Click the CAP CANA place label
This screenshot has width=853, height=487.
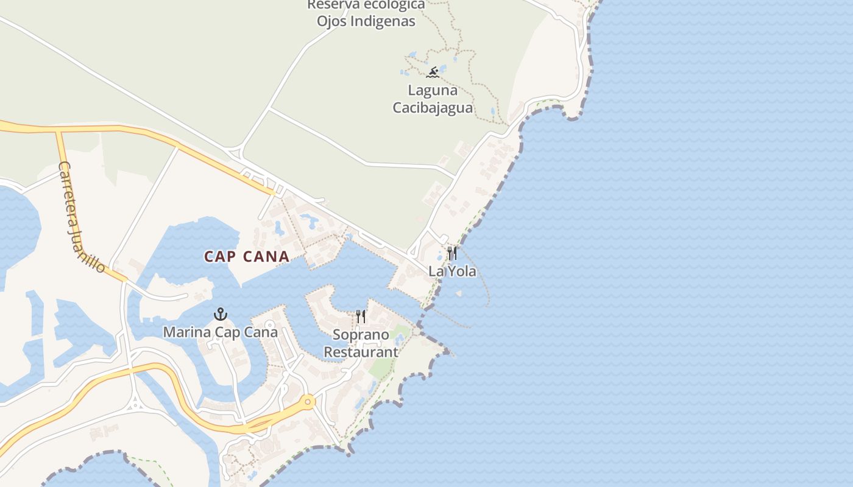(x=247, y=256)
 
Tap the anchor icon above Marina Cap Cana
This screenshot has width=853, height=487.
(x=221, y=314)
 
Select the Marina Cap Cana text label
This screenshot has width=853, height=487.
(x=220, y=332)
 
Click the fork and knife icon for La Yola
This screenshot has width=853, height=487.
(x=452, y=253)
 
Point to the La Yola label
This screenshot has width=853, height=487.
(x=452, y=271)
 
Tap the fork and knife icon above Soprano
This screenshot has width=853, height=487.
(x=361, y=317)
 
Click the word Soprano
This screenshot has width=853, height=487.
(x=361, y=335)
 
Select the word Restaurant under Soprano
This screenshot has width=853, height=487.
(x=361, y=352)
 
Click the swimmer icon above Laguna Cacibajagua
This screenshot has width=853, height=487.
(x=433, y=73)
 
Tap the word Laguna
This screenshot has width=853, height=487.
(x=433, y=91)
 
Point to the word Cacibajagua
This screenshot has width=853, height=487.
(x=433, y=108)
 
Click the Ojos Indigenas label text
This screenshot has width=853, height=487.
(x=366, y=21)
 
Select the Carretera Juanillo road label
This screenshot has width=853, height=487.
(x=82, y=216)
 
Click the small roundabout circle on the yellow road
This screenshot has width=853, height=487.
(x=308, y=401)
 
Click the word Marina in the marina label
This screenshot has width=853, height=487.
(x=186, y=332)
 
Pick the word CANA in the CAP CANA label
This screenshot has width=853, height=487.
(x=266, y=256)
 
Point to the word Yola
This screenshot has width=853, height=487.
(x=463, y=271)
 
